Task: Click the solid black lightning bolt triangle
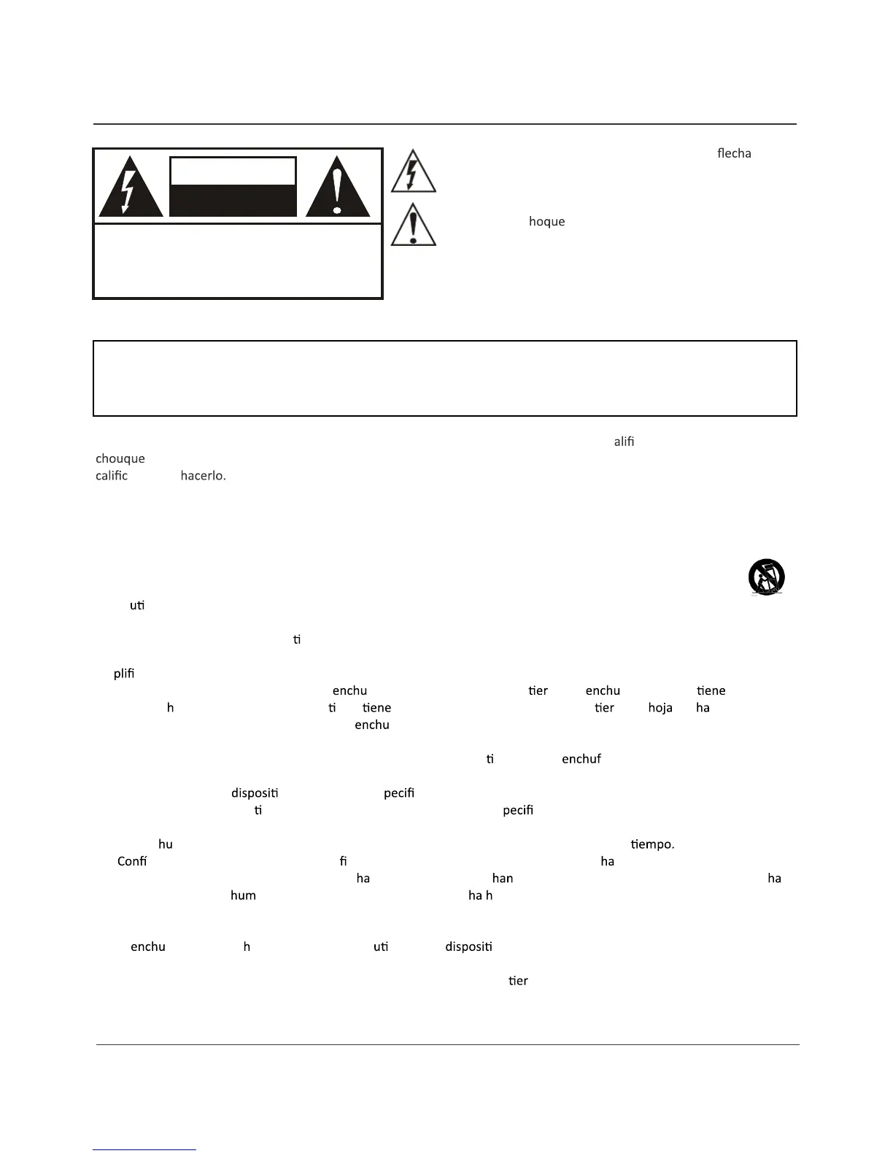click(x=131, y=188)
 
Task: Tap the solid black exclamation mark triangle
click(x=337, y=188)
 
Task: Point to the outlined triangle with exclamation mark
click(x=414, y=226)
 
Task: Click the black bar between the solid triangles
click(x=233, y=200)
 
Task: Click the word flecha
click(x=734, y=153)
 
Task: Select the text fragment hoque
click(x=546, y=221)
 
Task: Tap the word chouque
click(x=120, y=458)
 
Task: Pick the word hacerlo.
click(x=203, y=476)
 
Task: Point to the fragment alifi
click(x=624, y=441)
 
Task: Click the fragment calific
click(x=112, y=476)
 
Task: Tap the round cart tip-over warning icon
click(x=766, y=577)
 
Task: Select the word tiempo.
click(x=652, y=844)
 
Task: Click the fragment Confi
click(x=132, y=861)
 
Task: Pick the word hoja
click(x=660, y=708)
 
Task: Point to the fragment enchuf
click(x=581, y=759)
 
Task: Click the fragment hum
click(x=243, y=895)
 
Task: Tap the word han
click(x=503, y=878)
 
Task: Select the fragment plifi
click(x=124, y=674)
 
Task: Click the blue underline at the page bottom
click(x=144, y=1149)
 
